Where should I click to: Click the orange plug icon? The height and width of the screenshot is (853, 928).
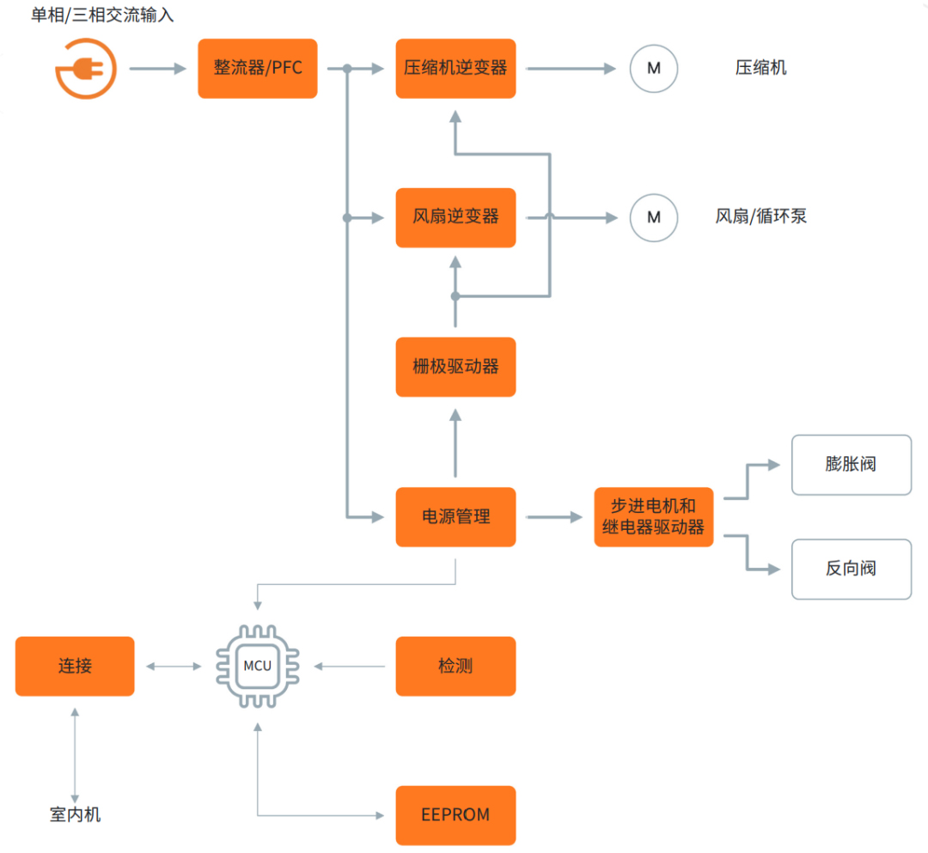(x=85, y=68)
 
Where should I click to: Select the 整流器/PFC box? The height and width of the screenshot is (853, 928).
(x=258, y=68)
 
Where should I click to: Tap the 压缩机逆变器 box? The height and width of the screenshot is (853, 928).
(x=455, y=68)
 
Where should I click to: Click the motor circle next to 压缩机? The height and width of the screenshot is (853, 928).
(x=654, y=68)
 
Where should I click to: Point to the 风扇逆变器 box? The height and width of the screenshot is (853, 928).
(x=455, y=217)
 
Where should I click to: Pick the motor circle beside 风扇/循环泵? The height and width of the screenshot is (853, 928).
(x=654, y=217)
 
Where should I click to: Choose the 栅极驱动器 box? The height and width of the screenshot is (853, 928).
(x=455, y=367)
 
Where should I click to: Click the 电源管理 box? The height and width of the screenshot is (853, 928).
(x=455, y=516)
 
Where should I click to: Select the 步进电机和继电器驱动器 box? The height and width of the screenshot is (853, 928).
(x=653, y=516)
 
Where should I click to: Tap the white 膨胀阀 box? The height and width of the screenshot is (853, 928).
(x=851, y=465)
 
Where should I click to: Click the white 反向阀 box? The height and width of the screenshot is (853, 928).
(x=851, y=569)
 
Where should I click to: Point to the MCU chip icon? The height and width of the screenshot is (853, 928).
(x=257, y=666)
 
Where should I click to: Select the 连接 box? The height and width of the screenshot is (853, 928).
(x=75, y=666)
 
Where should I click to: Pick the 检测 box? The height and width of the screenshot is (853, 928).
(x=455, y=666)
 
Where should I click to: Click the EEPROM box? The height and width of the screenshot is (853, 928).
(x=455, y=815)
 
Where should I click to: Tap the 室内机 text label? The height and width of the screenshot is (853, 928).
(x=75, y=814)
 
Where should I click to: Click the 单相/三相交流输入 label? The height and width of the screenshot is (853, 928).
(x=102, y=15)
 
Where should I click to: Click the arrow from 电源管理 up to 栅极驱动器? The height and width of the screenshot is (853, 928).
(x=455, y=442)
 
